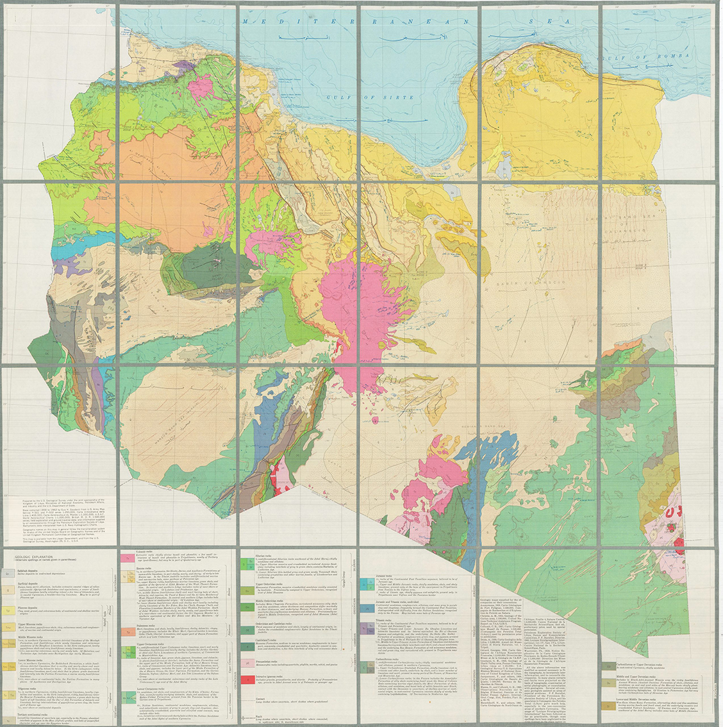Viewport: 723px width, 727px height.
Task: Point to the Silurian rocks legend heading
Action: pyautogui.click(x=255, y=550)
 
